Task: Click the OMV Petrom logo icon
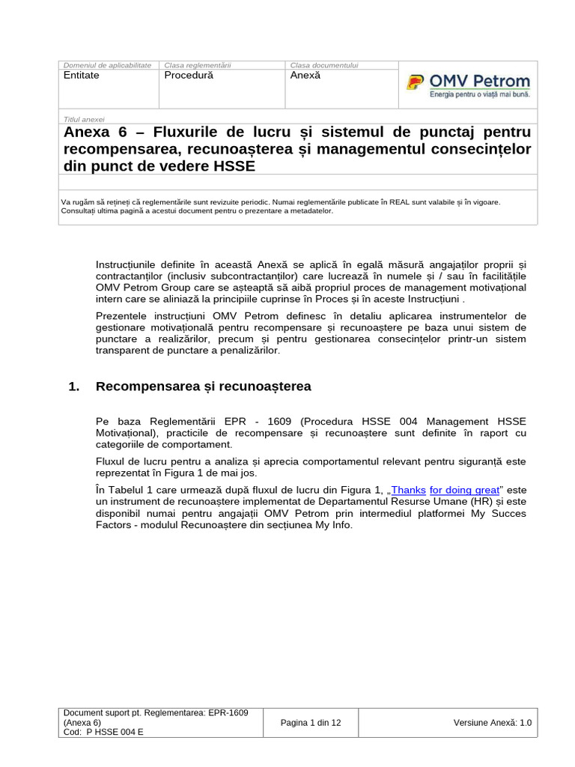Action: point(415,82)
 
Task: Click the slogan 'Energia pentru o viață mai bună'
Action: point(479,95)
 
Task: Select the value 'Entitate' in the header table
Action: point(81,76)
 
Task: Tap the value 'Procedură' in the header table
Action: point(189,76)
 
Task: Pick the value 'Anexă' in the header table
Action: point(305,76)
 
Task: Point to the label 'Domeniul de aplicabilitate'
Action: point(108,65)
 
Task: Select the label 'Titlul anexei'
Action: point(84,119)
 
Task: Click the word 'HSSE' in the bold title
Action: point(232,166)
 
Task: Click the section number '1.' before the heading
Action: point(73,386)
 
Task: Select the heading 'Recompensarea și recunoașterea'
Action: point(203,386)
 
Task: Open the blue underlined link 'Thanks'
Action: point(409,489)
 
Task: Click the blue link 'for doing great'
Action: point(464,489)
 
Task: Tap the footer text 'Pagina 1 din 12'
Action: point(311,723)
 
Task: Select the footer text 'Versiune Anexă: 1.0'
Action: point(492,723)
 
